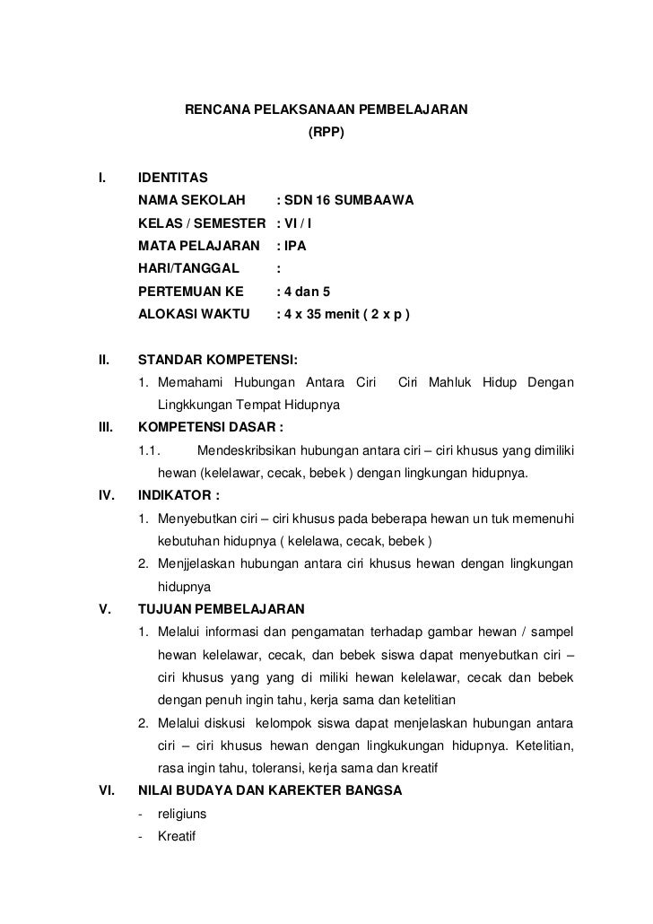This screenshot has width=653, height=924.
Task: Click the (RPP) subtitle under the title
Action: [326, 133]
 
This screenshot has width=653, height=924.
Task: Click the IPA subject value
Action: [299, 245]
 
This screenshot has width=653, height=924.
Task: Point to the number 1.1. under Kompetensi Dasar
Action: [149, 449]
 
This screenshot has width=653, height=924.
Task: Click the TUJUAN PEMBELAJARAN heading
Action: [221, 606]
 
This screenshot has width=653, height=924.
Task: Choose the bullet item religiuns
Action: [182, 815]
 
